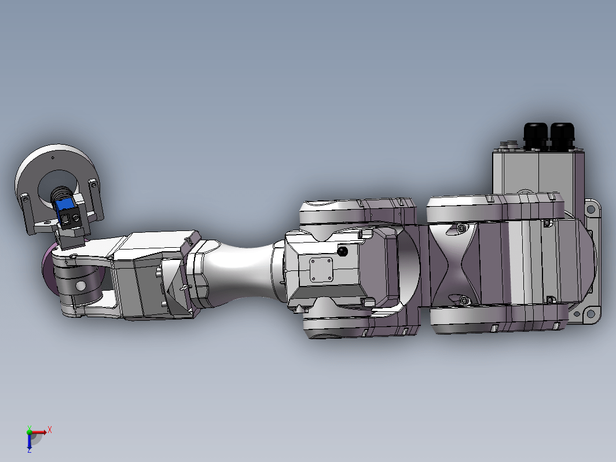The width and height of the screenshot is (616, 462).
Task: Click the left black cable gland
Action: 536,136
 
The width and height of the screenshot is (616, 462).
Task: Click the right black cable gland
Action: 562,136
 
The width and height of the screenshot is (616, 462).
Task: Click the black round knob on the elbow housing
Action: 343,251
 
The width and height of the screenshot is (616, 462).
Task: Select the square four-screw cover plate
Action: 321,270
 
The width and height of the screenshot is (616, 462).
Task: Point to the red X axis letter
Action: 50,430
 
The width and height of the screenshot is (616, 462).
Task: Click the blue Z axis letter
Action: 30,450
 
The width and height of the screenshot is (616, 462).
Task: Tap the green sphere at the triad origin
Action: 30,432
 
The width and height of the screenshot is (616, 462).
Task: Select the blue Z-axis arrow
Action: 30,441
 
